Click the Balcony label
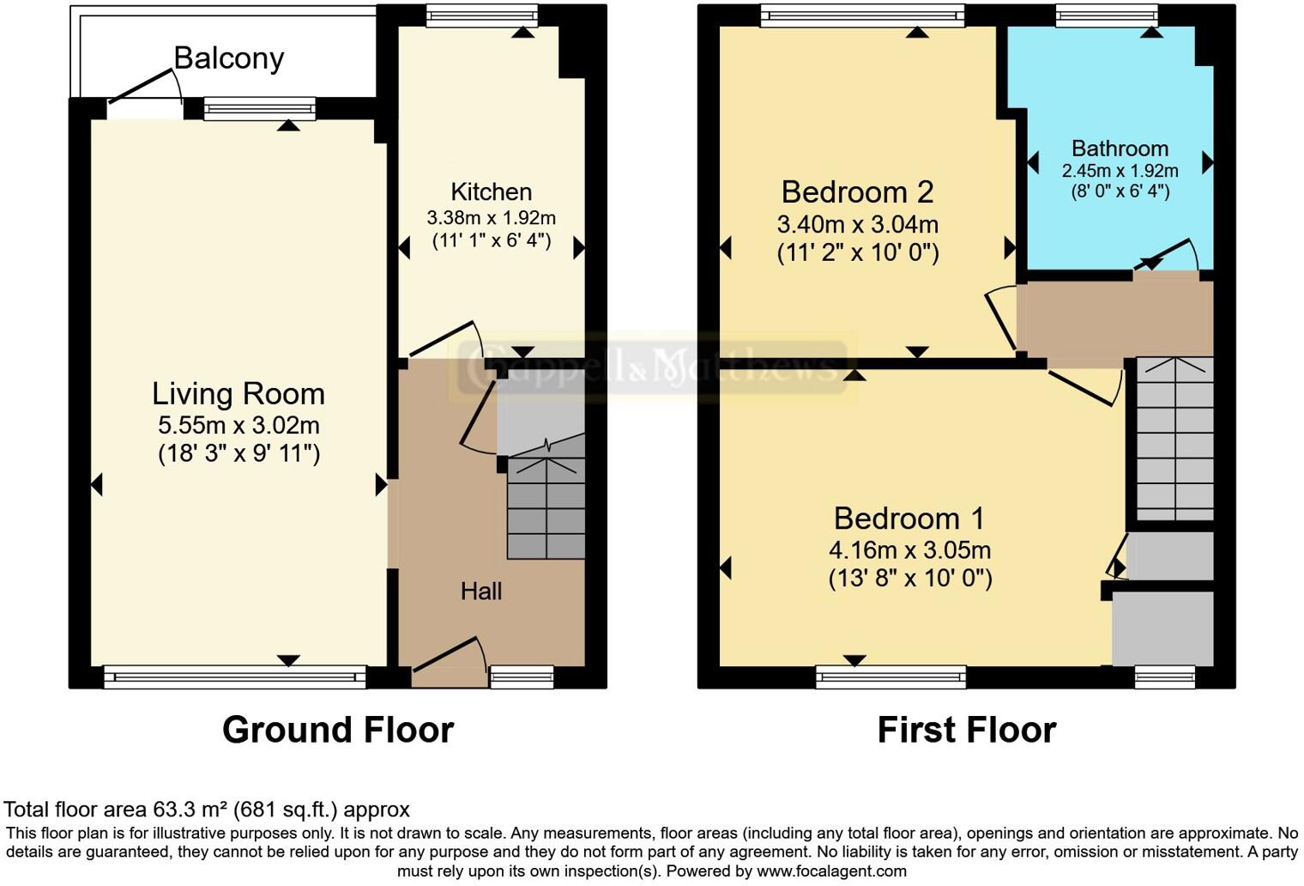click(x=228, y=58)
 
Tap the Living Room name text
click(x=238, y=394)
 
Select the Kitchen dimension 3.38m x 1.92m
click(x=492, y=218)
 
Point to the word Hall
click(x=480, y=591)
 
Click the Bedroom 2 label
click(x=857, y=191)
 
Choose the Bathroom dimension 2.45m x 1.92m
click(x=1120, y=171)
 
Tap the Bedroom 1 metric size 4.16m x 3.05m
click(x=909, y=550)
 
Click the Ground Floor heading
click(x=337, y=730)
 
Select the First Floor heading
click(x=966, y=730)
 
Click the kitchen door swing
click(x=444, y=339)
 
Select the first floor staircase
click(x=1174, y=438)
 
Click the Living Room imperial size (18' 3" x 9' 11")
click(x=238, y=453)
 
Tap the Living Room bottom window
click(x=234, y=677)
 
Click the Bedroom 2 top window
click(x=861, y=15)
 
